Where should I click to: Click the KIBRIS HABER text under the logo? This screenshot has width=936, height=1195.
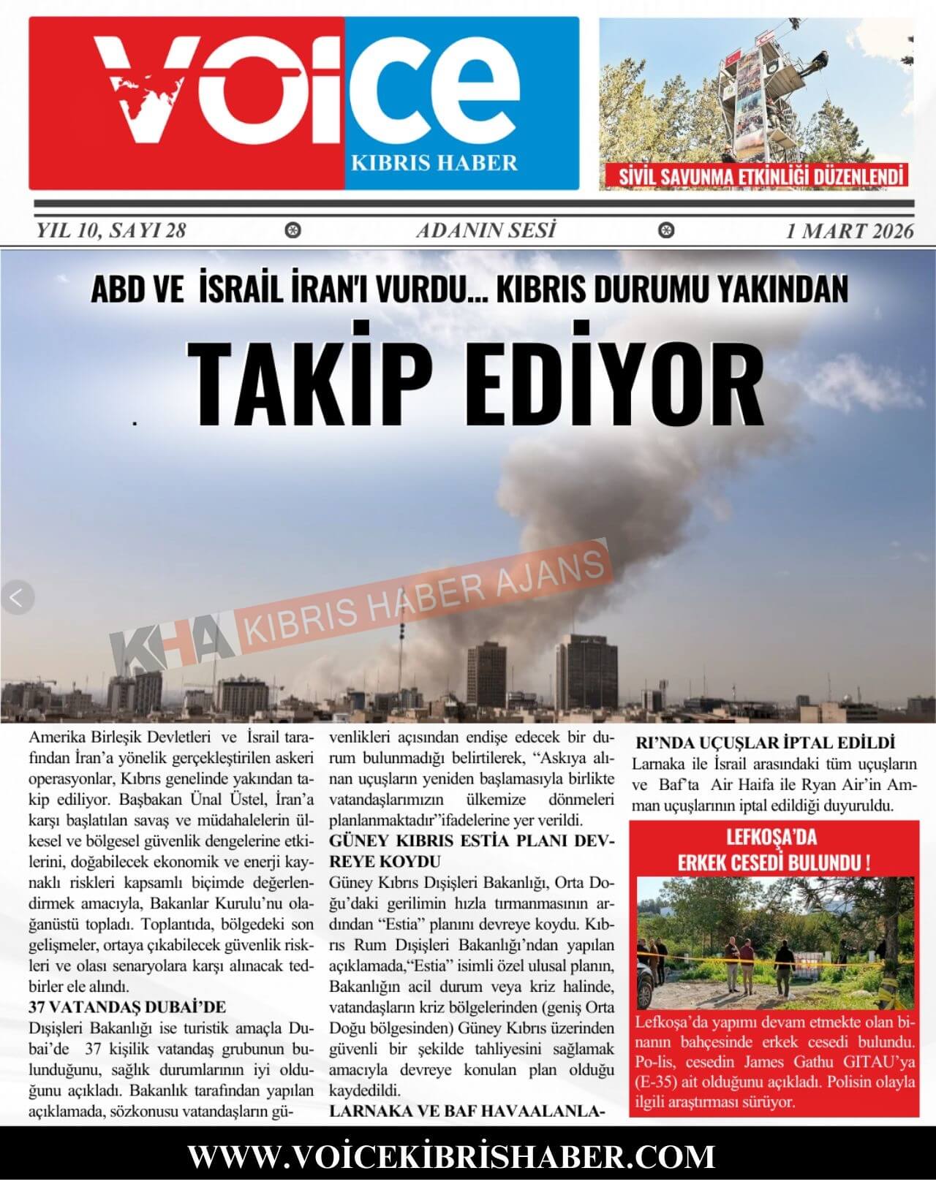click(434, 162)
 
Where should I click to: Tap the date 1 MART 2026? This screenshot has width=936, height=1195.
click(849, 231)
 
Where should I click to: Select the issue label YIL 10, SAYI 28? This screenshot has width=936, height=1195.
click(110, 231)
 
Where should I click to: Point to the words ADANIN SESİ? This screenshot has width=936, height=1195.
click(486, 231)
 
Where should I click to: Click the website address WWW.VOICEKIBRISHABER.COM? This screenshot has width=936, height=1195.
click(451, 1157)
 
